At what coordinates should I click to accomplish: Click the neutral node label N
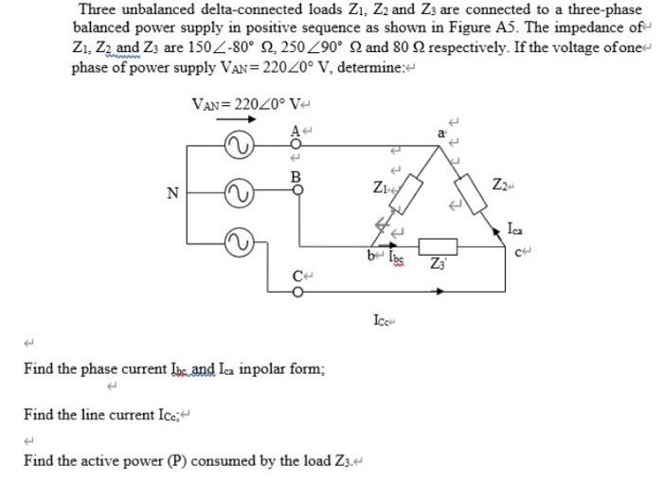click(x=171, y=194)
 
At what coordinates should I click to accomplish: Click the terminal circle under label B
click(x=296, y=189)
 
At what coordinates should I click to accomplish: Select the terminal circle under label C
click(x=296, y=291)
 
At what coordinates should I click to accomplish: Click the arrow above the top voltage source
click(x=237, y=119)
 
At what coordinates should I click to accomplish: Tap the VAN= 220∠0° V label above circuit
click(x=243, y=103)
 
